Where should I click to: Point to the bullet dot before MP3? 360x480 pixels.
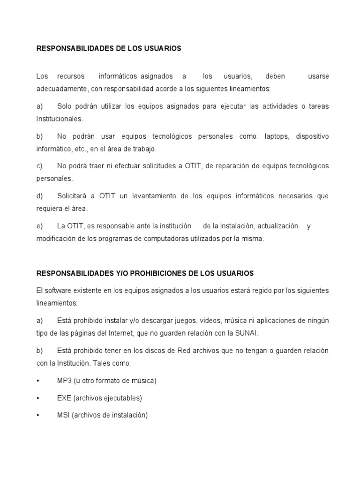[x=38, y=381]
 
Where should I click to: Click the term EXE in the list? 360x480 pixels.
[x=64, y=398]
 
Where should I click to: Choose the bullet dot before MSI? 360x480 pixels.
[x=38, y=415]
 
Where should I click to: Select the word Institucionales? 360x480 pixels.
[x=60, y=119]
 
